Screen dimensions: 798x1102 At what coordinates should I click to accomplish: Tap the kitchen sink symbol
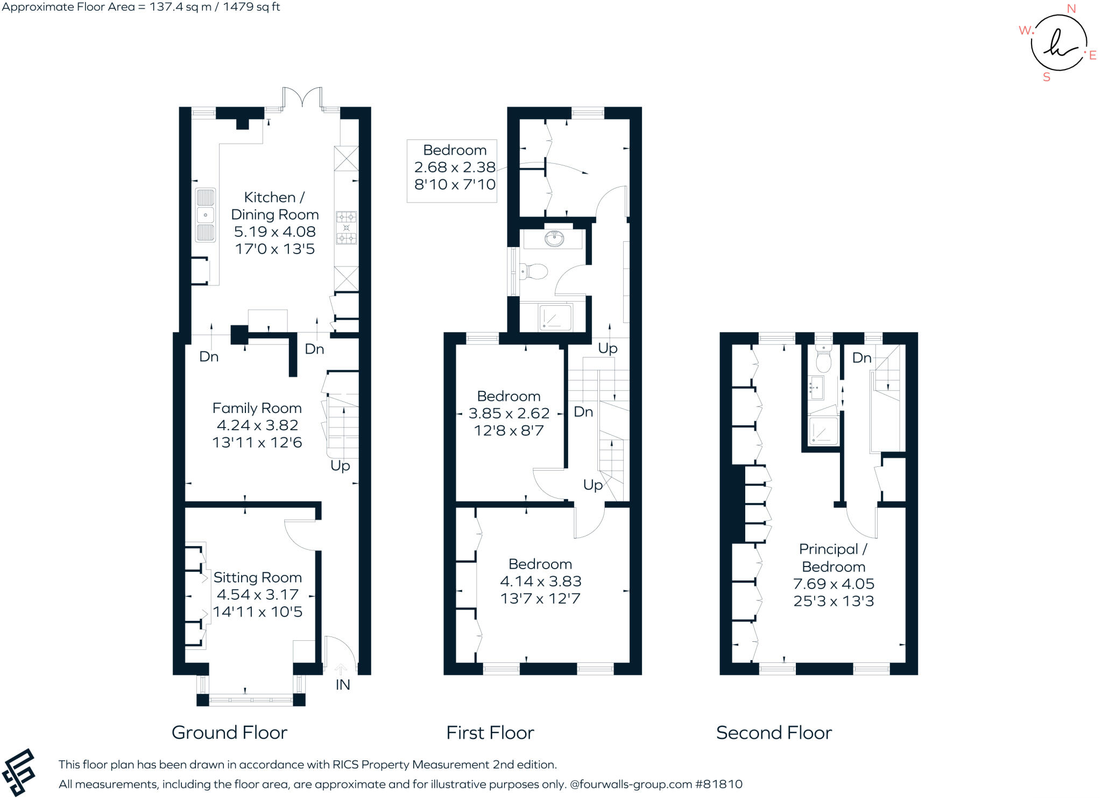pos(205,215)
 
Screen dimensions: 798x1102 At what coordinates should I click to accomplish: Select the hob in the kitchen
pos(346,227)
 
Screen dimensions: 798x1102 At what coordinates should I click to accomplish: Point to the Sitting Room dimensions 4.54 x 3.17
pos(257,594)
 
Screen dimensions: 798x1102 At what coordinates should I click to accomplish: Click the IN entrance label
pos(343,684)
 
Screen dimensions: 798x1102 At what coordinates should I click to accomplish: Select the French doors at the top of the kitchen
pos(302,99)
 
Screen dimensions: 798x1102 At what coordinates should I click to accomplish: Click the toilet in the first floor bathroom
pos(534,271)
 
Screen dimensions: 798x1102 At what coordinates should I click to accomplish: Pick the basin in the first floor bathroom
pos(554,237)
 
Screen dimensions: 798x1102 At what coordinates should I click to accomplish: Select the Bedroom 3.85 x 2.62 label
pos(508,413)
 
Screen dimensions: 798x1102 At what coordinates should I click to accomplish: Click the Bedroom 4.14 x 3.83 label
pos(540,581)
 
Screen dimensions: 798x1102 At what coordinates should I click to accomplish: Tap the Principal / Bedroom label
pos(833,558)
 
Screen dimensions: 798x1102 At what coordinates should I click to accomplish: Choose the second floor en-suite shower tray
pos(823,431)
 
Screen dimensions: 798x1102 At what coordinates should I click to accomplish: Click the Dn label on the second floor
pos(861,358)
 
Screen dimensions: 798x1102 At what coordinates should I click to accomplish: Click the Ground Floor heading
pos(229,732)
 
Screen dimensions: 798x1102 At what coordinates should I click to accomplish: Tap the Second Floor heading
pos(774,732)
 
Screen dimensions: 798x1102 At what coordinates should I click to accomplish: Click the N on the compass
pos(1071,9)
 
